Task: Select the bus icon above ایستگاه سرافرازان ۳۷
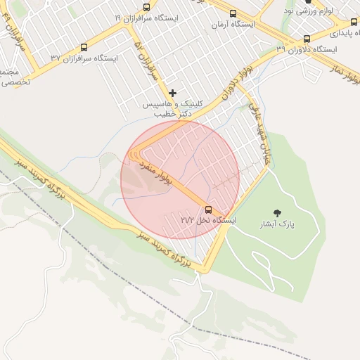tap(84, 47)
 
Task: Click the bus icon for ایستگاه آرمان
tap(233, 13)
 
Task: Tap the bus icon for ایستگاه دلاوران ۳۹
tap(307, 39)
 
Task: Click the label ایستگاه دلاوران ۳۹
tap(307, 50)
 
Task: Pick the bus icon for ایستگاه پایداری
tap(354, 22)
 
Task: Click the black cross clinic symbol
tap(172, 93)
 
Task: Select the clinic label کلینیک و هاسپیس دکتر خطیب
tap(172, 108)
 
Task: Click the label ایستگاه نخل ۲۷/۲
tap(209, 221)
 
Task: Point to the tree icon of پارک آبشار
tap(278, 213)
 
